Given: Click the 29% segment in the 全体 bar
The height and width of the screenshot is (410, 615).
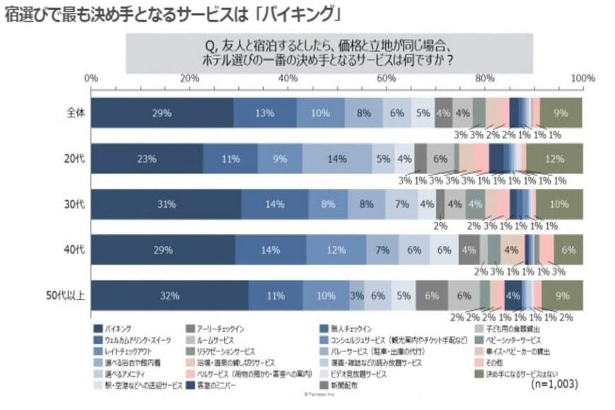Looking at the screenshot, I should click(x=162, y=113).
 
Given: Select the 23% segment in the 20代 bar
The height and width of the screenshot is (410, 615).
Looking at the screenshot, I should click(x=146, y=159).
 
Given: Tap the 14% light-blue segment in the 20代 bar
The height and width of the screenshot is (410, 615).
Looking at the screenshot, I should click(x=336, y=159).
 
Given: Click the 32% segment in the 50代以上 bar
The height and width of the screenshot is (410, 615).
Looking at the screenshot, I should click(x=169, y=295).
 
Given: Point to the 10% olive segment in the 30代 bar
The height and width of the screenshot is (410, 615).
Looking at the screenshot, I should click(x=558, y=204).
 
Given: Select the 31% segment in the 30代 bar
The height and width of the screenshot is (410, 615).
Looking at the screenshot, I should click(x=166, y=204).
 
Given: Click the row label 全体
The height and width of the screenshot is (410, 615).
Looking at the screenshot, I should click(x=73, y=113).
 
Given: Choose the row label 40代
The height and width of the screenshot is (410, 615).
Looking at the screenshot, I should click(x=73, y=250).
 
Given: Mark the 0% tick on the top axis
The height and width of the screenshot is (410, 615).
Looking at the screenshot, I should click(x=90, y=78).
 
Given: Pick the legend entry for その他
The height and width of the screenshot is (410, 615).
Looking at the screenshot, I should click(x=495, y=361).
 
